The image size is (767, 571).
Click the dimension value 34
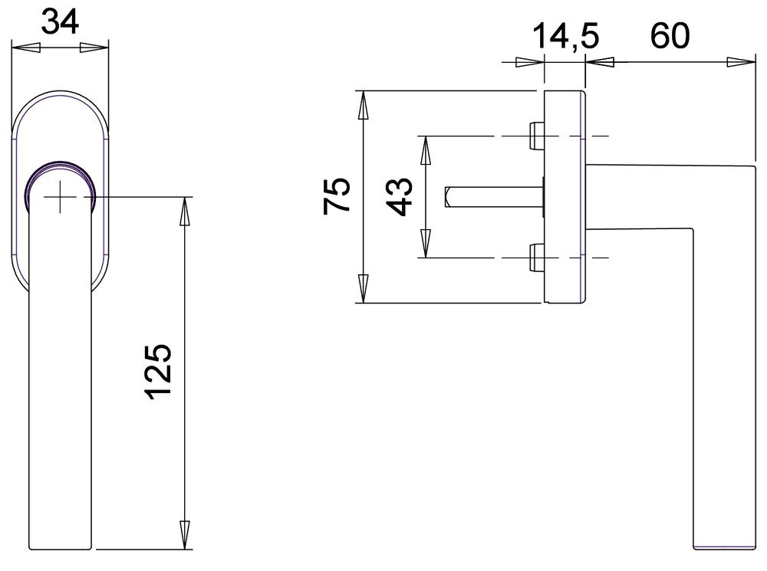pos(60,22)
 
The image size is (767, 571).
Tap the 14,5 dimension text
pos(565,37)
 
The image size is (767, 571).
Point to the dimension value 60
pos(670,35)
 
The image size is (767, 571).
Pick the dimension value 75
pos(337,195)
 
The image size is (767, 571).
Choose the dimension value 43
pos(400,196)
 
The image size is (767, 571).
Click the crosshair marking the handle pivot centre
pos(60,196)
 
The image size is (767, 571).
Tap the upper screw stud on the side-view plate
pos(537,136)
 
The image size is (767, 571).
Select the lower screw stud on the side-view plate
pos(537,258)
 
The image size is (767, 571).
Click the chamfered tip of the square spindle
pos(446,196)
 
